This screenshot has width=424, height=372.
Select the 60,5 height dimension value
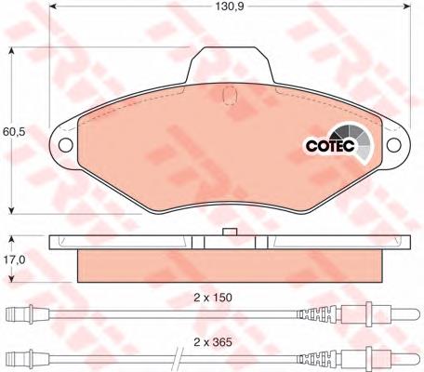tap(14, 132)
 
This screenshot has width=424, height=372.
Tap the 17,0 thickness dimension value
tap(14, 259)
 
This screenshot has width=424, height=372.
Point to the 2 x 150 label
tap(213, 298)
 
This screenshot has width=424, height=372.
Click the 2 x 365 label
tap(213, 342)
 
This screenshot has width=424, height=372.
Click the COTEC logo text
tap(330, 145)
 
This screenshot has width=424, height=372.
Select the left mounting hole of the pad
tap(65, 145)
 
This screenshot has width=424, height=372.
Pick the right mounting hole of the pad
tap(394, 145)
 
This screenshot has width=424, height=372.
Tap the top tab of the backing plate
tap(230, 64)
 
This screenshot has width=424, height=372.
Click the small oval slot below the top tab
tap(230, 95)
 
